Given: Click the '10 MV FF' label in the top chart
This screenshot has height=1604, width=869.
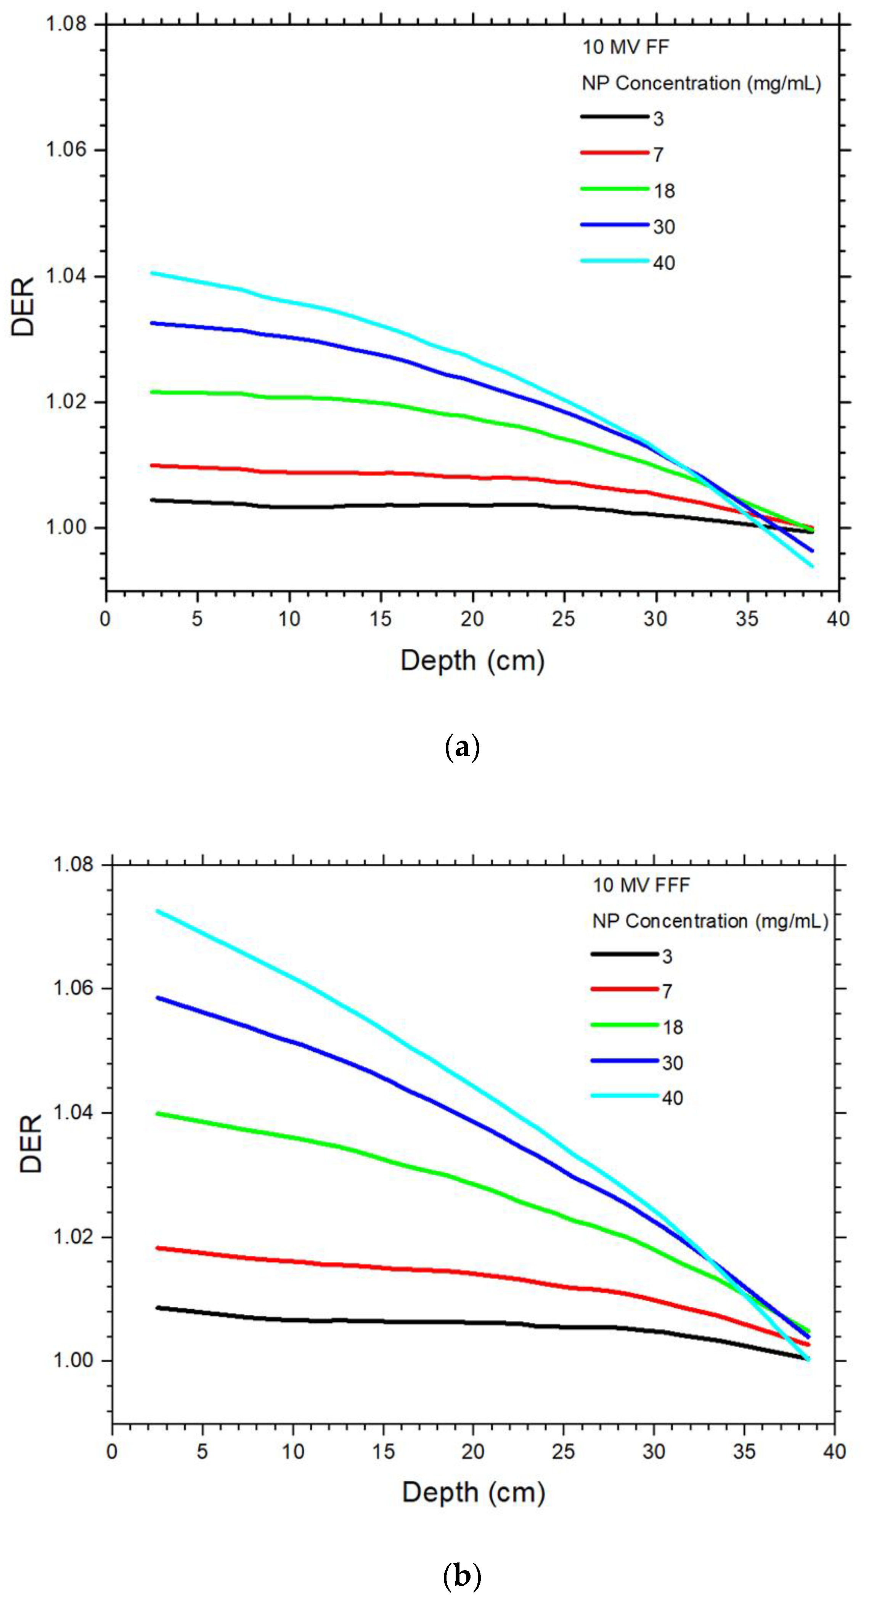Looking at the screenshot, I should [x=625, y=47].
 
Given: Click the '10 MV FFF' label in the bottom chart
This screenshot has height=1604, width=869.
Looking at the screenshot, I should [x=641, y=885].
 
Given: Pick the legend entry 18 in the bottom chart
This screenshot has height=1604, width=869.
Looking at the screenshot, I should [x=673, y=1027].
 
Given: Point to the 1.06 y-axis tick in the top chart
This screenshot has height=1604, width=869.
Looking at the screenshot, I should [x=66, y=150].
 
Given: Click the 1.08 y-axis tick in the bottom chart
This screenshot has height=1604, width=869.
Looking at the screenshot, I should [x=73, y=864].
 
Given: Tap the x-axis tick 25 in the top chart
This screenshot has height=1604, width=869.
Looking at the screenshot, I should [x=563, y=619].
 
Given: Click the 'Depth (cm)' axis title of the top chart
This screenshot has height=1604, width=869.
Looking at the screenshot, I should [x=472, y=661].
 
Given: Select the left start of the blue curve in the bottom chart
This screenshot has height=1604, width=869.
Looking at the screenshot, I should [x=157, y=998].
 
